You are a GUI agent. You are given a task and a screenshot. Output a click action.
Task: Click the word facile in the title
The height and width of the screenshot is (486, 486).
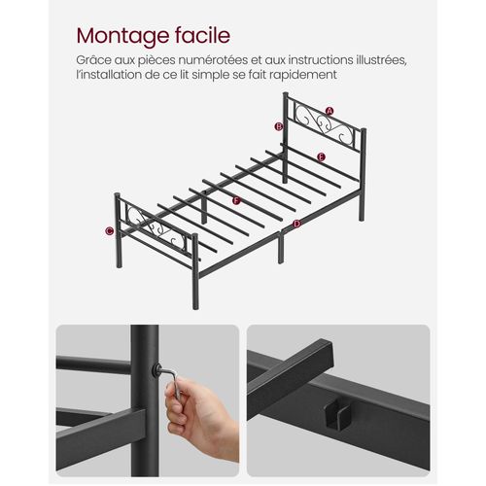pyautogui.click(x=201, y=37)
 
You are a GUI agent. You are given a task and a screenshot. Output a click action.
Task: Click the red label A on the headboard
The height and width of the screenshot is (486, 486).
pyautogui.click(x=330, y=112)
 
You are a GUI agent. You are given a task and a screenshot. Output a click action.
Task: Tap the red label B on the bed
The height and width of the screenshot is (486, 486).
pyautogui.click(x=279, y=126)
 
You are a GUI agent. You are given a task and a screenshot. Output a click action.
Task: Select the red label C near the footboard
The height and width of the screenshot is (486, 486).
pyautogui.click(x=110, y=230)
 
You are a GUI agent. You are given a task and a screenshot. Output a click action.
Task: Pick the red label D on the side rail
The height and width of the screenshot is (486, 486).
pyautogui.click(x=296, y=225)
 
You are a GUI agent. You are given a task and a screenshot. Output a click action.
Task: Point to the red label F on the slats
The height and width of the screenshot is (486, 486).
pyautogui.click(x=235, y=201)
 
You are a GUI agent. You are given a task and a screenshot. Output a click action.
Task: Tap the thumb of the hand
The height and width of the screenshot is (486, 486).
pyautogui.click(x=180, y=393)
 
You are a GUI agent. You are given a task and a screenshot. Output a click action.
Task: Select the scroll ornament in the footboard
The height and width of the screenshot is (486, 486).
pyautogui.click(x=160, y=233)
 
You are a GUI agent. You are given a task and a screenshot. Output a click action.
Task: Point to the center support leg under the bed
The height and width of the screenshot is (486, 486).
pyautogui.click(x=279, y=248)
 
